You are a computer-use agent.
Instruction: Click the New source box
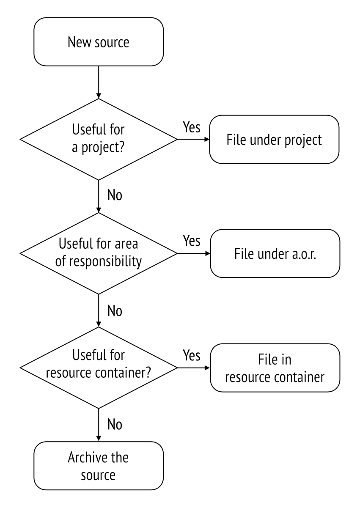(99, 42)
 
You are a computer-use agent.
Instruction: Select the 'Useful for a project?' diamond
(99, 139)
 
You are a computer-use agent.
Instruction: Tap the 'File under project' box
(274, 139)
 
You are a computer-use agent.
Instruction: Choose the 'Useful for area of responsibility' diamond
(99, 253)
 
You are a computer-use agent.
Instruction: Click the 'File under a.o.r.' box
(275, 253)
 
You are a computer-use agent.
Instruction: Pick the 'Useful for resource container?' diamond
(99, 368)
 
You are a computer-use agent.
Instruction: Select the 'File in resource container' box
(275, 368)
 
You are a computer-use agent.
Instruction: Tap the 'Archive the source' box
(99, 466)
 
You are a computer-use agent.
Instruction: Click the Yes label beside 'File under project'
(192, 127)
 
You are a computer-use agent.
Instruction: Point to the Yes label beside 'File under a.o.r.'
(192, 241)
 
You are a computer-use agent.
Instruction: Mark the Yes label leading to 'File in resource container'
(192, 355)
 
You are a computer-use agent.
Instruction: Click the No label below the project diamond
(115, 195)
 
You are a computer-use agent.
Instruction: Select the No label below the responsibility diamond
(115, 311)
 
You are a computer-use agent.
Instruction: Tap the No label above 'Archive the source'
(115, 425)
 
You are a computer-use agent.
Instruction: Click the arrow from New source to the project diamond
(99, 82)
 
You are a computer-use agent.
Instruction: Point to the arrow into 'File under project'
(193, 139)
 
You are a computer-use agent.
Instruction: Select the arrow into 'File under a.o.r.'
(194, 253)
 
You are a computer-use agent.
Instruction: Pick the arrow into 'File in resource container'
(194, 368)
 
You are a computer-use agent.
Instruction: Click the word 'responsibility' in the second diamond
(105, 261)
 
